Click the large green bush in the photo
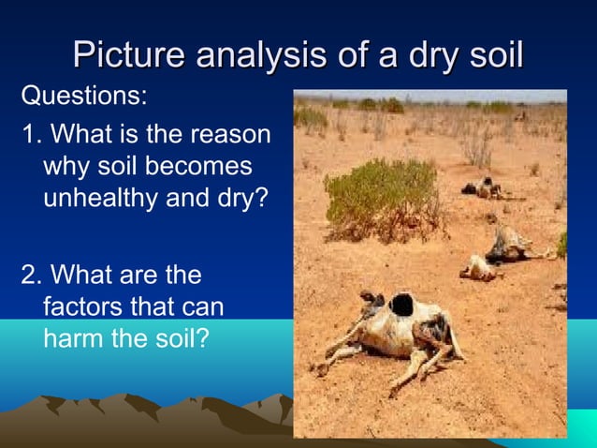point(380,198)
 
